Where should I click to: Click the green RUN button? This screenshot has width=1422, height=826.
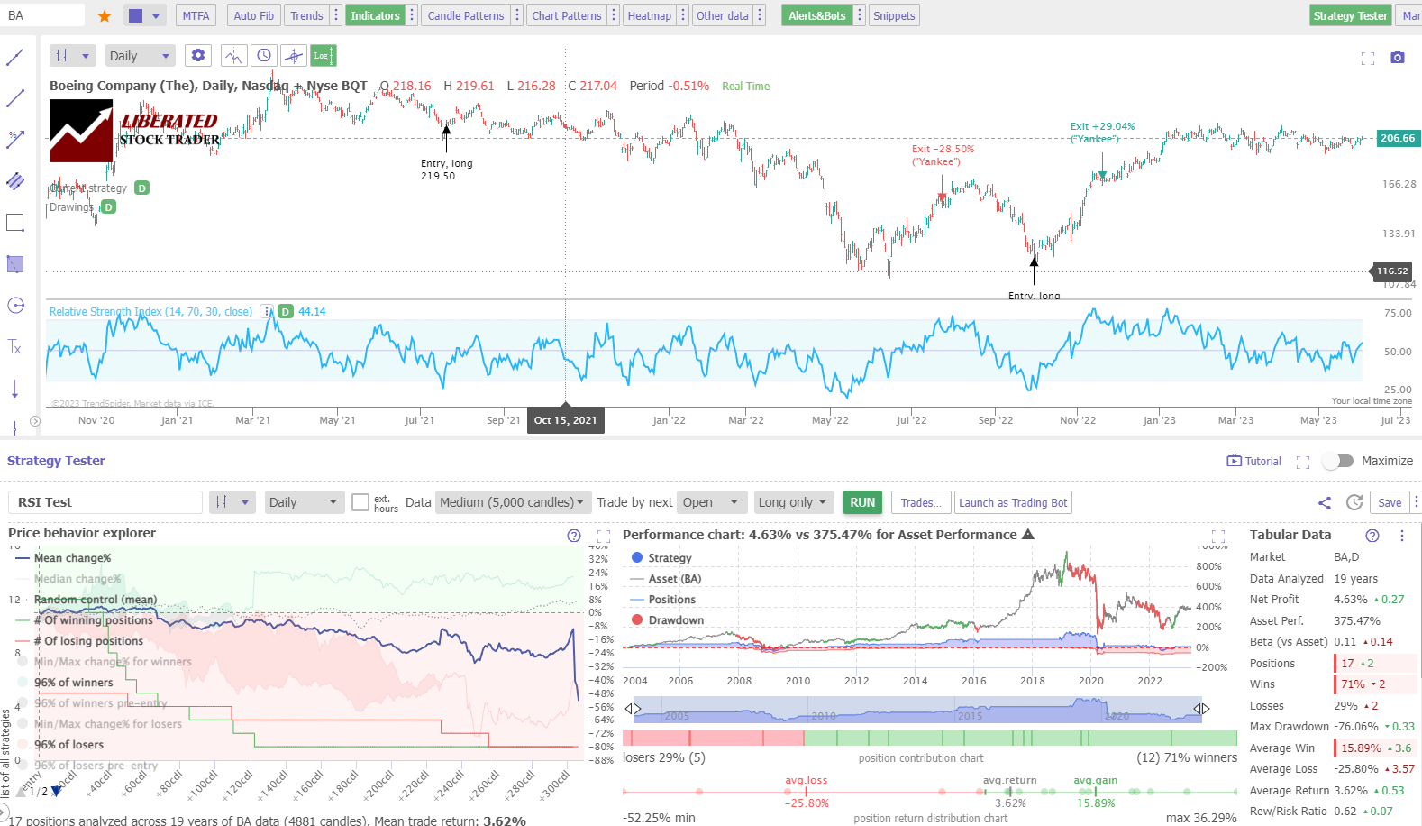[x=862, y=502]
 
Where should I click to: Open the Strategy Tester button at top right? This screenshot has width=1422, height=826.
[x=1349, y=15]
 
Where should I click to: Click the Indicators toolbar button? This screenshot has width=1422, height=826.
[x=375, y=15]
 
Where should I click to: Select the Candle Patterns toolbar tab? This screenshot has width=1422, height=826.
[x=465, y=15]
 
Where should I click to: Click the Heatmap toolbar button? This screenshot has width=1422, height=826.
[x=649, y=15]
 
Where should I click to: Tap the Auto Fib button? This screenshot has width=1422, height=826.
[x=253, y=15]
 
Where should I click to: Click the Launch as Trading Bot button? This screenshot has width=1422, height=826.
[x=1013, y=502]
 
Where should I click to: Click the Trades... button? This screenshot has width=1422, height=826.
[x=921, y=502]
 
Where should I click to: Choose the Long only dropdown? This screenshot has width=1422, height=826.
[x=792, y=502]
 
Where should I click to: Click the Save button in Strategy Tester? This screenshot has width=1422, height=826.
[x=1389, y=502]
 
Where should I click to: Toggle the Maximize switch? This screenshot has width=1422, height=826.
[x=1338, y=461]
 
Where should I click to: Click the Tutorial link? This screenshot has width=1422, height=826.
[x=1254, y=461]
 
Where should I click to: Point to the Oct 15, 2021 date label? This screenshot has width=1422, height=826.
[x=565, y=420]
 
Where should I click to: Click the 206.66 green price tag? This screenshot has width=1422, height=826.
[x=1398, y=138]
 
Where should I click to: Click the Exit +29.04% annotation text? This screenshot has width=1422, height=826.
[x=1102, y=127]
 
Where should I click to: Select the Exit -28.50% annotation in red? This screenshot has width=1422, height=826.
[x=943, y=150]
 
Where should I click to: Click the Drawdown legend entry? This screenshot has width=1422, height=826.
[x=676, y=620]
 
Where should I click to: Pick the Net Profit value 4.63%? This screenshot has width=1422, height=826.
[x=1350, y=600]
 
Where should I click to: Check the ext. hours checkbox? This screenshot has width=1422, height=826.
[x=360, y=502]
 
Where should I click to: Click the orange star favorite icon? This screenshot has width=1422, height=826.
[x=105, y=15]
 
